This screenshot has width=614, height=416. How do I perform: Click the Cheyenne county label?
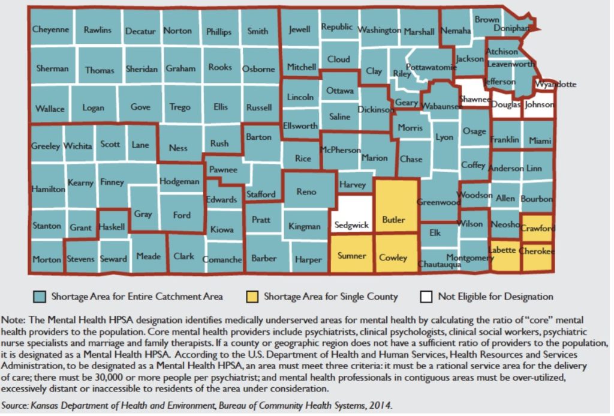pyautogui.click(x=51, y=29)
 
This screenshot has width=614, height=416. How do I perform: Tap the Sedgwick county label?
pyautogui.click(x=351, y=226)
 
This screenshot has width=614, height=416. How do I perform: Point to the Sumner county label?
pyautogui.click(x=351, y=256)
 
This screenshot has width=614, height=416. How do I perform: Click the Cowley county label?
pyautogui.click(x=394, y=258)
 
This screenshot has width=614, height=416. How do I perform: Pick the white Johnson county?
pyautogui.click(x=538, y=104)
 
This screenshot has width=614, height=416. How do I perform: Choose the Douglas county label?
pyautogui.click(x=505, y=104)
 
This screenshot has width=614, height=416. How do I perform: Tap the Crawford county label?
pyautogui.click(x=538, y=228)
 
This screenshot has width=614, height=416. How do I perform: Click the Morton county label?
pyautogui.click(x=46, y=259)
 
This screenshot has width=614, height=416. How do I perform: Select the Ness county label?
pyautogui.click(x=178, y=148)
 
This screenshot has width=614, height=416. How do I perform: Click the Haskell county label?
pyautogui.click(x=112, y=228)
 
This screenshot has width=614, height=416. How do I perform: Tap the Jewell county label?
pyautogui.click(x=299, y=29)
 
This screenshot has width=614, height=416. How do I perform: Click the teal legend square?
pyautogui.click(x=40, y=296)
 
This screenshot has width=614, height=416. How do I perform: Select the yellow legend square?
pyautogui.click(x=252, y=296)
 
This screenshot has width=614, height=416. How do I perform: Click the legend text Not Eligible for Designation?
pyautogui.click(x=495, y=296)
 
